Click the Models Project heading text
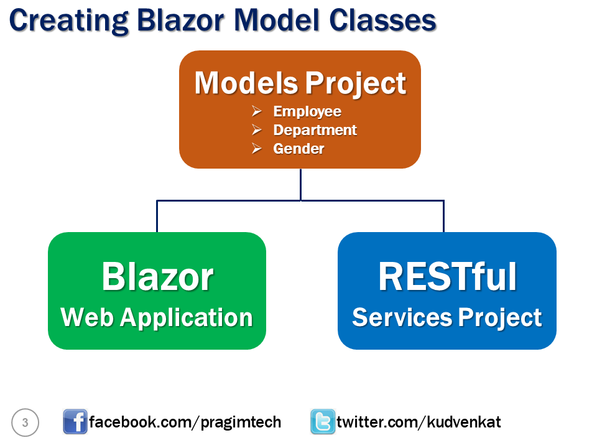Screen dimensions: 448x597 (300, 83)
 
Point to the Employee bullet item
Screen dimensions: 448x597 (307, 111)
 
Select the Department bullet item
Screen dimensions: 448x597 (315, 130)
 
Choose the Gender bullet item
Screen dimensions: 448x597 (298, 149)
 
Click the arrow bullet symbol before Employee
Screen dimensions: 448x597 (256, 111)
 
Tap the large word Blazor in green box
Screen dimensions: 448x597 (157, 276)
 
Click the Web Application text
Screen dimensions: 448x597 (157, 317)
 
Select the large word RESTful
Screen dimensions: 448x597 (447, 276)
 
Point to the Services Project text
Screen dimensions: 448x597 (447, 317)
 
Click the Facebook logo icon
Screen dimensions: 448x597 (75, 422)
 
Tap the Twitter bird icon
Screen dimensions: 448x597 (323, 422)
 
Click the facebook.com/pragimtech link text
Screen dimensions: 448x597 (185, 422)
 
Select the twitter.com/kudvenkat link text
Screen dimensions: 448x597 (419, 422)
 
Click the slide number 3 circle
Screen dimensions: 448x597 (25, 422)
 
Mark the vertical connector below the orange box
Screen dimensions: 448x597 (300, 184)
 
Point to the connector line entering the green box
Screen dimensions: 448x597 (157, 217)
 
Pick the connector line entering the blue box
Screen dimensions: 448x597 (443, 217)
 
